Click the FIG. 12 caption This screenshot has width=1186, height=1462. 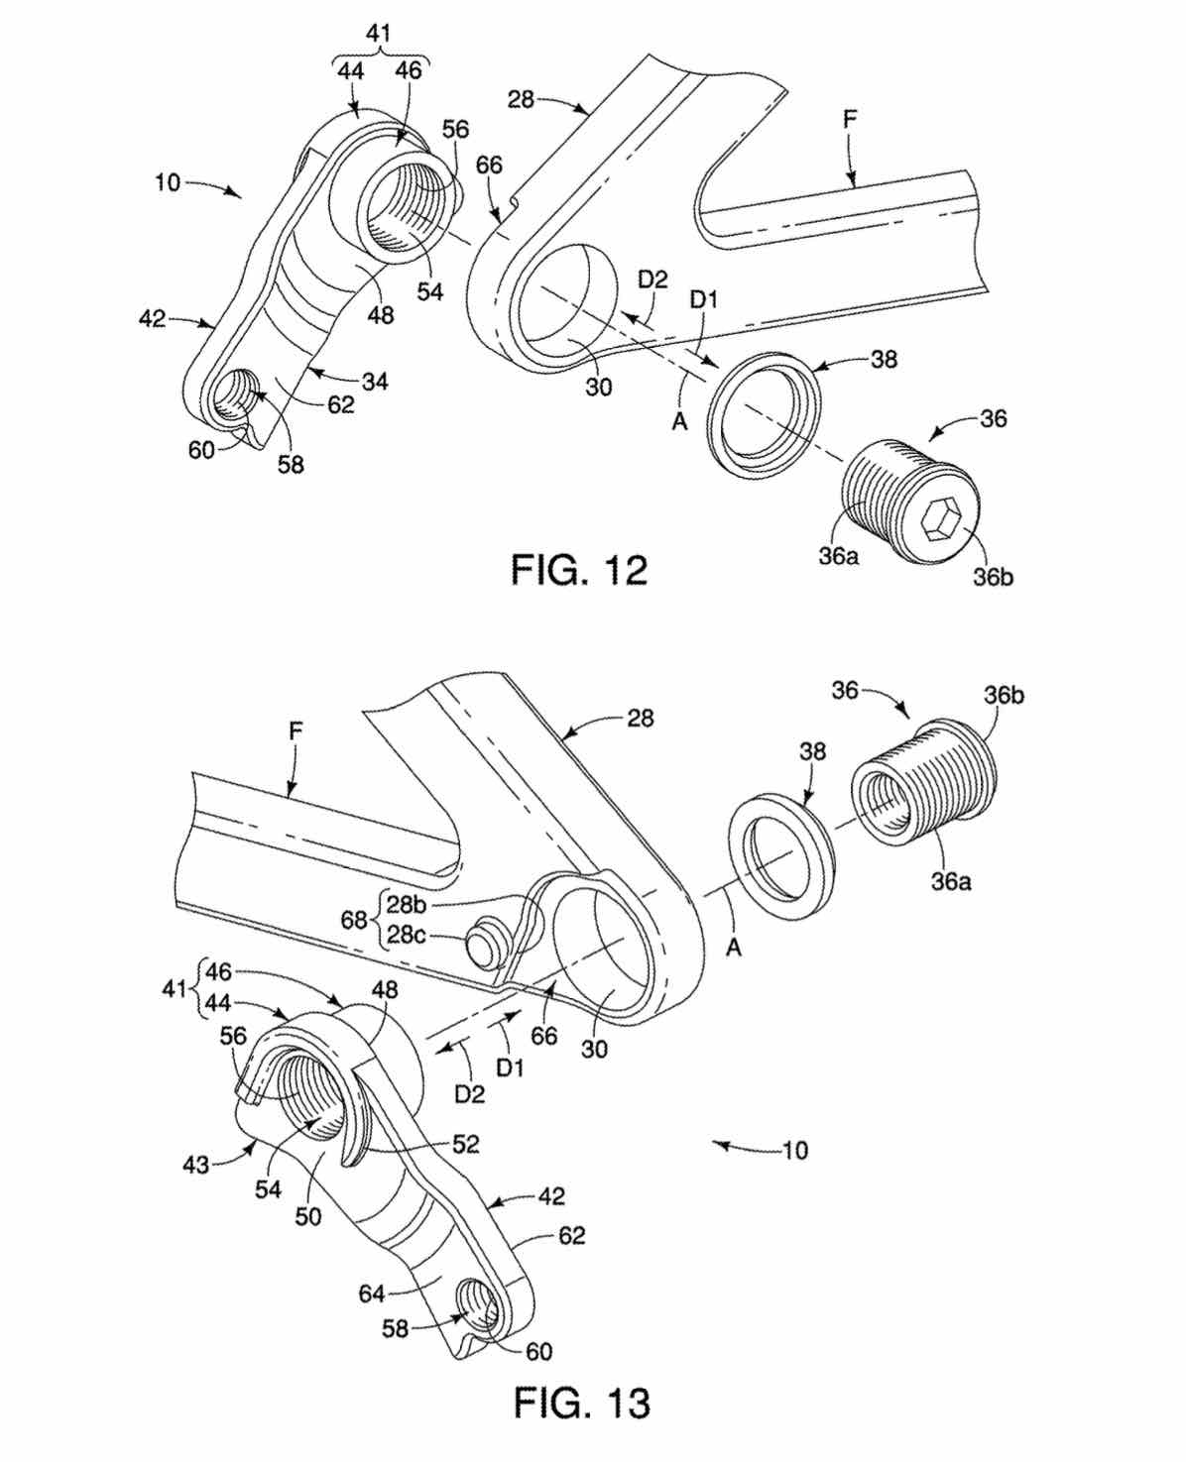tap(579, 569)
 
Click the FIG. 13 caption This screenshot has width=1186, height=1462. tap(582, 1402)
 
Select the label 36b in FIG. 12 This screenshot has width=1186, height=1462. tap(993, 577)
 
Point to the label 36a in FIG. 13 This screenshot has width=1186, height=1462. tap(950, 880)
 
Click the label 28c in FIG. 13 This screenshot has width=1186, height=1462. tap(406, 935)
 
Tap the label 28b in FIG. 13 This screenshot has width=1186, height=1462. tap(406, 904)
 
